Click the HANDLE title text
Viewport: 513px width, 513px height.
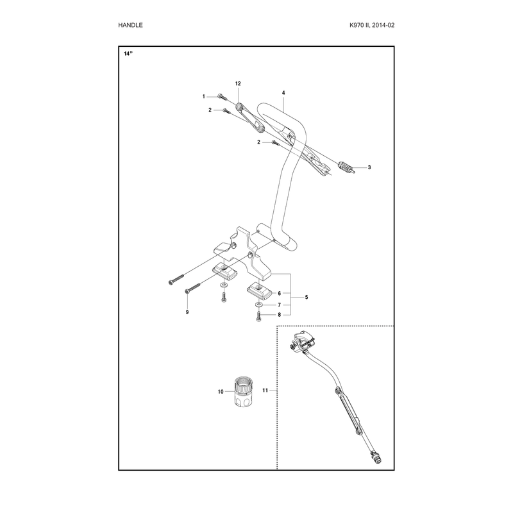(130, 25)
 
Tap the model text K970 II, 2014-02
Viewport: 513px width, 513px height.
(372, 25)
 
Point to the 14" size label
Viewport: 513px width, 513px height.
(128, 54)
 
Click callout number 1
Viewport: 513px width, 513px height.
(203, 97)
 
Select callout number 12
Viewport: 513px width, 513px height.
(238, 84)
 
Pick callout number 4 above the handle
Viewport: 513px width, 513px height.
(283, 93)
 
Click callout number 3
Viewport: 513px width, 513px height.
(369, 167)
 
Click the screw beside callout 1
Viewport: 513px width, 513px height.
(222, 97)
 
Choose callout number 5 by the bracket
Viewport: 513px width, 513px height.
(307, 298)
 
